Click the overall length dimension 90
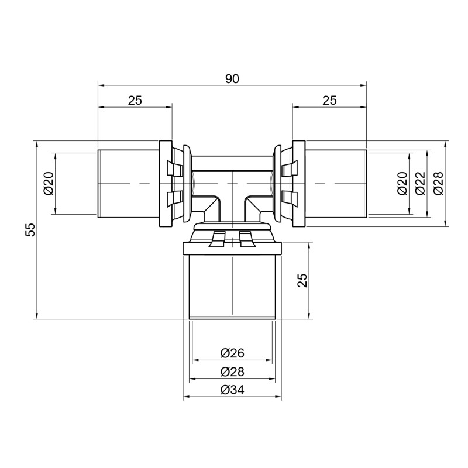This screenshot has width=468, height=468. pos(232,78)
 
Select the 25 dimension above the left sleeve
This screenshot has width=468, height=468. pos(135,100)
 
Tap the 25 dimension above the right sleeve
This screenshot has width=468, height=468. pos(329,100)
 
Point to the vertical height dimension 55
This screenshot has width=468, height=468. pos(30,229)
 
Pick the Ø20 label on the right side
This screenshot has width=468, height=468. pos(402,183)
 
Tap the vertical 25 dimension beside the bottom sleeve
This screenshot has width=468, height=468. pos(302,281)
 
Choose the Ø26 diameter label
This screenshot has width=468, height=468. pos(232,353)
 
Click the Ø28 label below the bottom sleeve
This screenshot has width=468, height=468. pos(232,371)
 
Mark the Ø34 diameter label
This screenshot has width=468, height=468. pos(232,390)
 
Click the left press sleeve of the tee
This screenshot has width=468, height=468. pos(128,183)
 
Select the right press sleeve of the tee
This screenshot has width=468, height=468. pos(336,183)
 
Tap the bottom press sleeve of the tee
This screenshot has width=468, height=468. pos(232,287)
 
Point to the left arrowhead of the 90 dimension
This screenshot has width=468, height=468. pos(101,85)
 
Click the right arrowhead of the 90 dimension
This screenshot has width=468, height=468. pos(363,85)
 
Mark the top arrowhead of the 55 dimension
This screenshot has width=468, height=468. pos(37,144)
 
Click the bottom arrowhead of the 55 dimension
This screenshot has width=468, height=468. pos(37,316)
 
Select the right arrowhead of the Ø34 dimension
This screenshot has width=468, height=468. pos(278,398)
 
